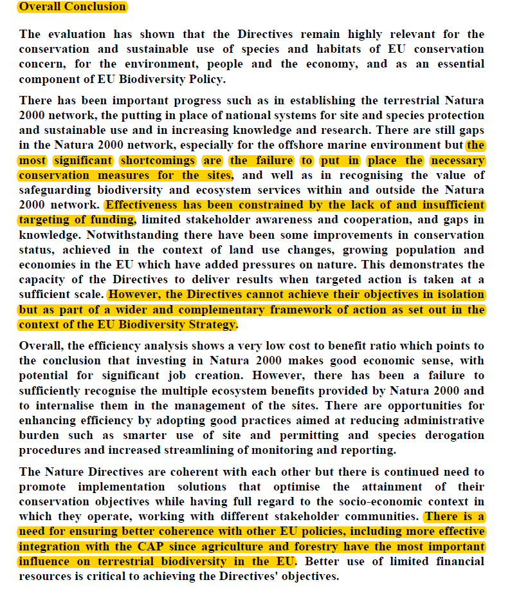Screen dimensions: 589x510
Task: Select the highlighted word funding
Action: point(114,220)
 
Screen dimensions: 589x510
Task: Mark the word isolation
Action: point(454,294)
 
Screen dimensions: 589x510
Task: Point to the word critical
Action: point(110,576)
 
